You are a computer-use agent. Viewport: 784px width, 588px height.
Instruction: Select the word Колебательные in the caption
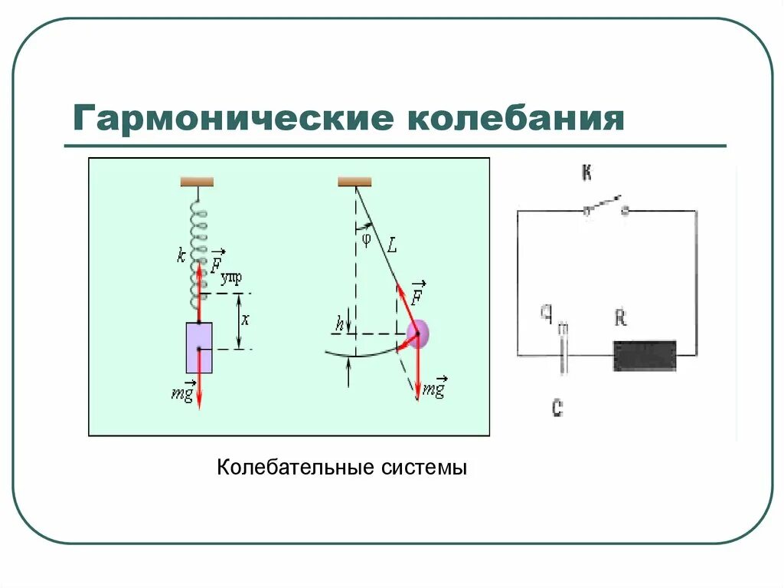tap(289, 467)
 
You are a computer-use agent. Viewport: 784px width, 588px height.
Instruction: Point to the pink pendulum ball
tap(418, 333)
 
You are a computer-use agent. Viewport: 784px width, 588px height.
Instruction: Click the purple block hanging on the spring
tap(198, 347)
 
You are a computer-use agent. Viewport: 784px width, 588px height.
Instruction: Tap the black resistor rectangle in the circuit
tap(645, 355)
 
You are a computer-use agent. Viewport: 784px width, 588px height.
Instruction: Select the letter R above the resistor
tap(621, 317)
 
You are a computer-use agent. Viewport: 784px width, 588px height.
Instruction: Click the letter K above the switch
tap(586, 173)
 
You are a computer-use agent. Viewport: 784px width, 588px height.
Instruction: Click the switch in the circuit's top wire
tap(605, 206)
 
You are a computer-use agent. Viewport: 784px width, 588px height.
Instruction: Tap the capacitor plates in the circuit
tap(563, 354)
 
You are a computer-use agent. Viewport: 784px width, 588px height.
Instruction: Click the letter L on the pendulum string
tap(392, 246)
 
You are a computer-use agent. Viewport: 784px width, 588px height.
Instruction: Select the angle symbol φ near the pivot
tap(366, 238)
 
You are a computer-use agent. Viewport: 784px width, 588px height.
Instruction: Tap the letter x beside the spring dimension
tap(245, 320)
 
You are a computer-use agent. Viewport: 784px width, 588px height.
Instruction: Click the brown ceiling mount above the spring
tap(197, 182)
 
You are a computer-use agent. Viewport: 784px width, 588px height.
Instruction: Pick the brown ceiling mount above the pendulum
tap(354, 182)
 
